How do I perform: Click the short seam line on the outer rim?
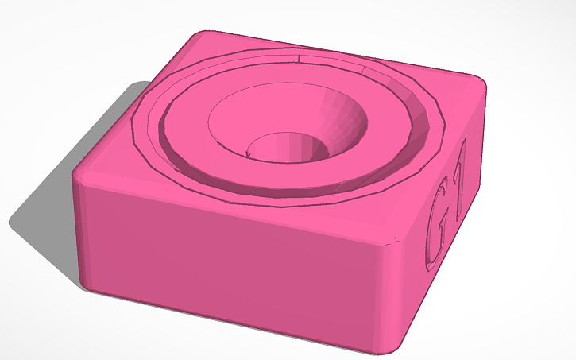[299, 58]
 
